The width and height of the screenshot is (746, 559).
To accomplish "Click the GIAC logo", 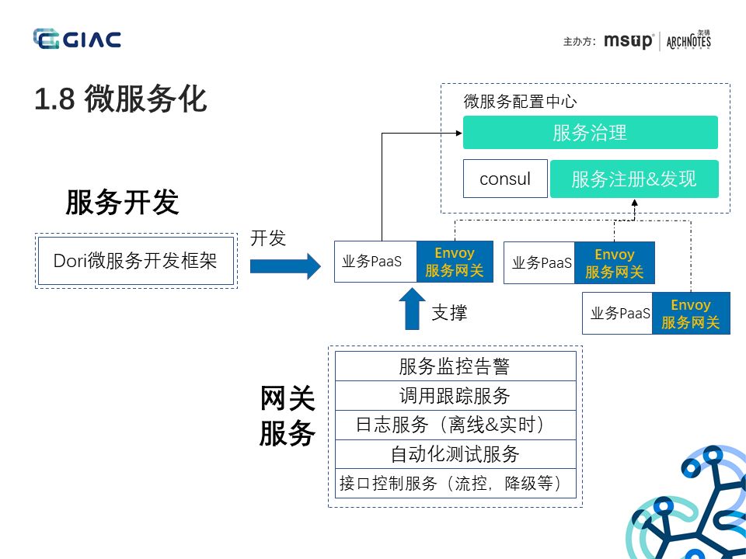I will point(77,39).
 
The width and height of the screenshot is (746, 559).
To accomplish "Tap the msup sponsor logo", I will point(629,41).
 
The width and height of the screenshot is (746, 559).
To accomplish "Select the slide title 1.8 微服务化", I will point(120,99).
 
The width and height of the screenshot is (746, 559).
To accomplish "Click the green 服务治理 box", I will point(590,133).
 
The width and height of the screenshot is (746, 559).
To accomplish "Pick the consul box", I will point(505,179).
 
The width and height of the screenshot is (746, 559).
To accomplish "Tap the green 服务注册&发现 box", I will point(634,179).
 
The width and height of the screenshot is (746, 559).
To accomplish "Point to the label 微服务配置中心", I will point(520,102).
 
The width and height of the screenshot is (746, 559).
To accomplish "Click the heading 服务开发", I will point(122,202).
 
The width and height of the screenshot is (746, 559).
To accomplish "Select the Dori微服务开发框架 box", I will point(135,261).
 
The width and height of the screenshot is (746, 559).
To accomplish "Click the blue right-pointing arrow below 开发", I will point(284,266).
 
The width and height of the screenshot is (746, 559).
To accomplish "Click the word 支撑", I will point(449,313).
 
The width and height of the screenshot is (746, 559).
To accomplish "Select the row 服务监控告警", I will point(455,366).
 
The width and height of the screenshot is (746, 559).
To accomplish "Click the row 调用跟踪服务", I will point(455,396).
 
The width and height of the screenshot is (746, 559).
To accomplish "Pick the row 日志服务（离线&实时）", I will point(455,425).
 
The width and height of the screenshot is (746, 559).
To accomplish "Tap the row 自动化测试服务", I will point(455,454).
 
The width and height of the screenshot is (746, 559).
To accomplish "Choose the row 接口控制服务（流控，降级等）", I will point(455,484).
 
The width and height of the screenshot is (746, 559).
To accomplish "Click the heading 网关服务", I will point(287,416).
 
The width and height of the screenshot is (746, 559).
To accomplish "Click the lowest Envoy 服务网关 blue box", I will point(691,314).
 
